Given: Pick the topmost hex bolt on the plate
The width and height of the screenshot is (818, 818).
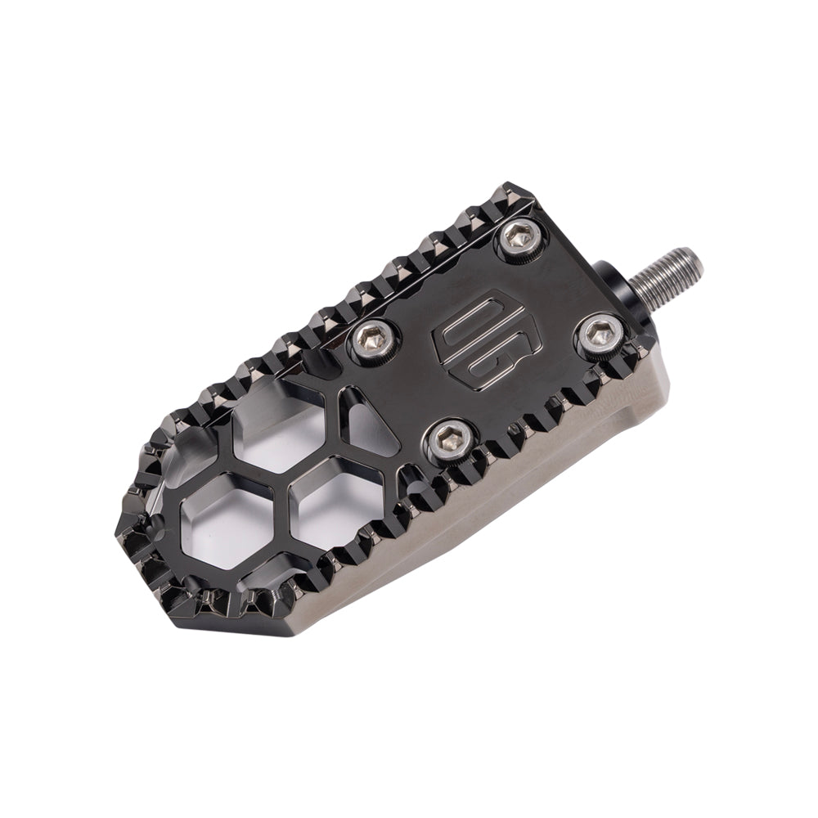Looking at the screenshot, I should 522,238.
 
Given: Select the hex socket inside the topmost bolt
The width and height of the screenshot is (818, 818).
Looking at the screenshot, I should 522,238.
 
